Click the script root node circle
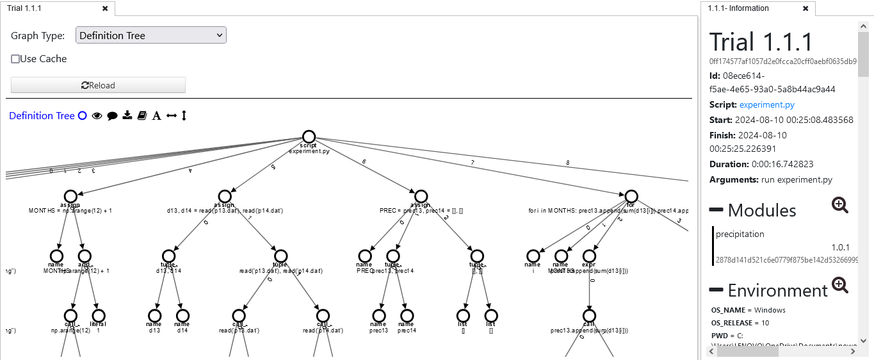coord(309,136)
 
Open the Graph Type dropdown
coord(151,36)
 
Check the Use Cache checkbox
coord(15,59)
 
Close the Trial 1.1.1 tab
coord(105,8)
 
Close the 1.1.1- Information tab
coord(805,8)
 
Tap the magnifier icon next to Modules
coord(840,205)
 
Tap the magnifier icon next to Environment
coord(840,285)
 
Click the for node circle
coord(631,196)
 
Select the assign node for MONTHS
coord(71,196)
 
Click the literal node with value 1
coord(98,315)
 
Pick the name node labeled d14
coord(183,315)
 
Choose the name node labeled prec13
coord(379,315)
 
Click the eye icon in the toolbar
coord(97,116)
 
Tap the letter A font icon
coord(156,116)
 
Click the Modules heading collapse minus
coord(716,210)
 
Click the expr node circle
coord(589,256)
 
